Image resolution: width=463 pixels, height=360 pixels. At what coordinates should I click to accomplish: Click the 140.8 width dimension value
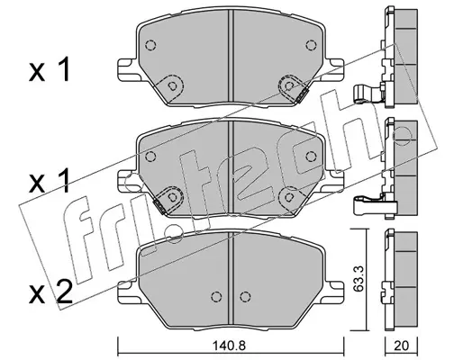pos(230,346)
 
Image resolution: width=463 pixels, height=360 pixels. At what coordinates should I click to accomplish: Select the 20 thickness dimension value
pos(401,346)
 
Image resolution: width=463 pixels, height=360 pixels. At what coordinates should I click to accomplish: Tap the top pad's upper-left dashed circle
pos(150,45)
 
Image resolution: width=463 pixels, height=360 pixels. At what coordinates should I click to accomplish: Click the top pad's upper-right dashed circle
pos(311,45)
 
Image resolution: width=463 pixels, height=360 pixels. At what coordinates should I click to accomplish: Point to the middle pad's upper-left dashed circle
pos(150,156)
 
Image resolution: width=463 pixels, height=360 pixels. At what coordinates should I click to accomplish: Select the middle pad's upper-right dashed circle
pos(311,156)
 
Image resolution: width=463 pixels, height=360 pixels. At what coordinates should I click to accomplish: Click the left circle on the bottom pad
pos(215,296)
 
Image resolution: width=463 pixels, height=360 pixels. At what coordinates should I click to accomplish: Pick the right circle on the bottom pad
pos(245,296)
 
